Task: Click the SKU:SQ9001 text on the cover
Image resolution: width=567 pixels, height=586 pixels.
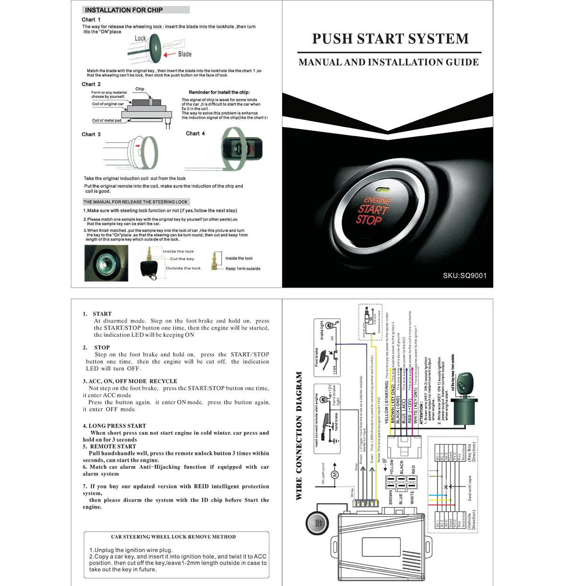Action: (464, 275)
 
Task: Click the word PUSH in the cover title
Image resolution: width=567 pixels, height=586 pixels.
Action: (331, 39)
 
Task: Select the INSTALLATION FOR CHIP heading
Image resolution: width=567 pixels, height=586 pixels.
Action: (124, 10)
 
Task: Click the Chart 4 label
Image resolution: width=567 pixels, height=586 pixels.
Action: (195, 133)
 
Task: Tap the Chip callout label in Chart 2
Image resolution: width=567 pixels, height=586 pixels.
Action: (140, 89)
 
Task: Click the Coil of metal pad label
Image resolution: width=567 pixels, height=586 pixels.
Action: (107, 121)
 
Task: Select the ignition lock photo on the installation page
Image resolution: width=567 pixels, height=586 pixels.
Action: (106, 263)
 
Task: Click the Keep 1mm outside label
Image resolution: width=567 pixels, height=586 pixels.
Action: (243, 269)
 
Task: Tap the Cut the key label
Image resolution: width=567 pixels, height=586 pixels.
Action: (182, 259)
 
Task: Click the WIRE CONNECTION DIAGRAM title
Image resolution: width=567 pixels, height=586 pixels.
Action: (299, 436)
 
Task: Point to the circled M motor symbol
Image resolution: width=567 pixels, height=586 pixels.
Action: (335, 474)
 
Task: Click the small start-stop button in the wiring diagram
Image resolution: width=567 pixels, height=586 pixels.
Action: (317, 523)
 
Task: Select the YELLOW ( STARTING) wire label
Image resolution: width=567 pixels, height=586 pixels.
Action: (387, 402)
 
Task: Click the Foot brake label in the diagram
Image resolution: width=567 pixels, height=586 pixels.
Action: (317, 357)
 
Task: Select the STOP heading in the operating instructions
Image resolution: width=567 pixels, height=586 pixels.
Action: (102, 347)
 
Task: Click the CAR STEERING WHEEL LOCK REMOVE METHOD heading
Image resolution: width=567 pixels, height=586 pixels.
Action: (173, 537)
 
